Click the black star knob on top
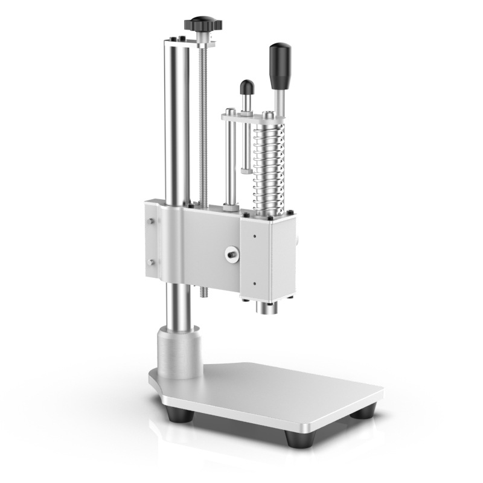203,24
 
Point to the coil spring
267,169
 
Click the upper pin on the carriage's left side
150,222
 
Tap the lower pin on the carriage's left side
150,263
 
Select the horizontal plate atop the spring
254,117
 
